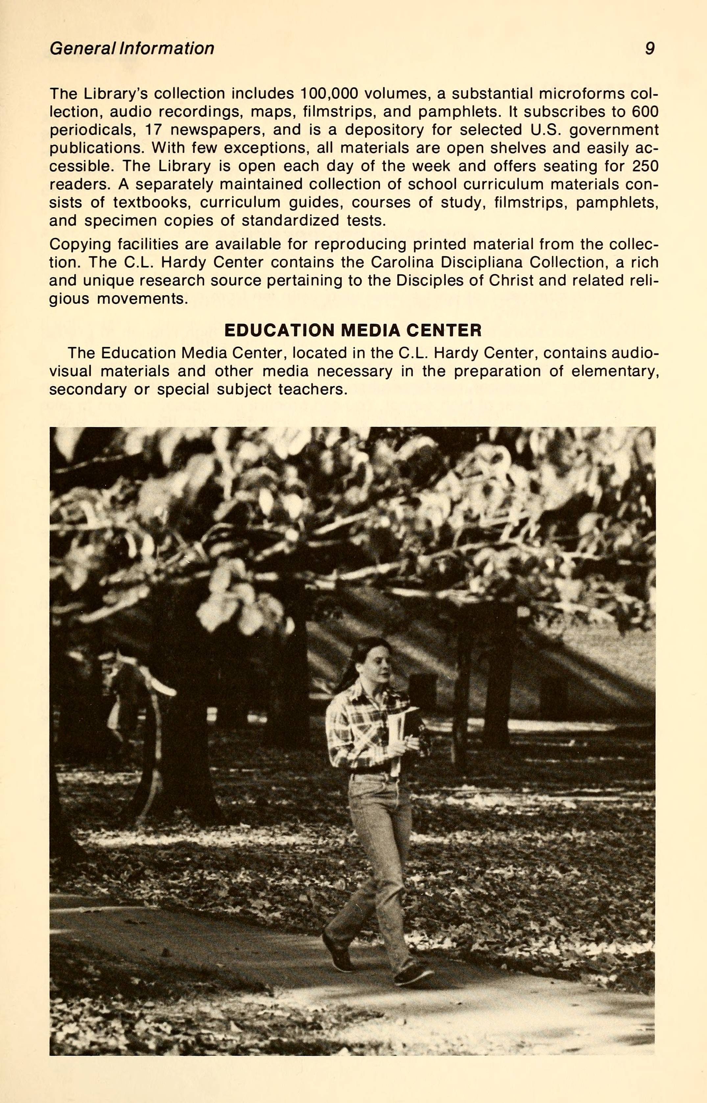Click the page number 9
click(x=649, y=48)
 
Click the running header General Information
click(x=132, y=48)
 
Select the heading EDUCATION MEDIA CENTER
click(x=353, y=330)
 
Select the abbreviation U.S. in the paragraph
click(x=545, y=130)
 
